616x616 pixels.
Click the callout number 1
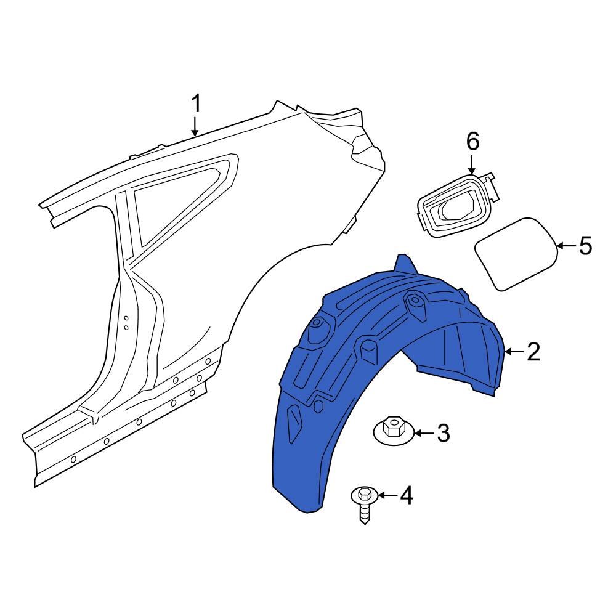(195, 103)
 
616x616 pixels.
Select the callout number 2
(533, 352)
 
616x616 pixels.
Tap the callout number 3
(444, 434)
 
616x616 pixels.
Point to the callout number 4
(407, 495)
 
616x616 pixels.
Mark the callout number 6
(472, 142)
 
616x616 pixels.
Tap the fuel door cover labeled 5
(516, 253)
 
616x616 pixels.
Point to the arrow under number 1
(195, 127)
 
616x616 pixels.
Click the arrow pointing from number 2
(514, 352)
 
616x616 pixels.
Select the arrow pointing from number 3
(421, 434)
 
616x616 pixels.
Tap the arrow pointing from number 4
(386, 495)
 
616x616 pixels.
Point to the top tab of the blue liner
(405, 263)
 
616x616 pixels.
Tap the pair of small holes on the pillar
(126, 322)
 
